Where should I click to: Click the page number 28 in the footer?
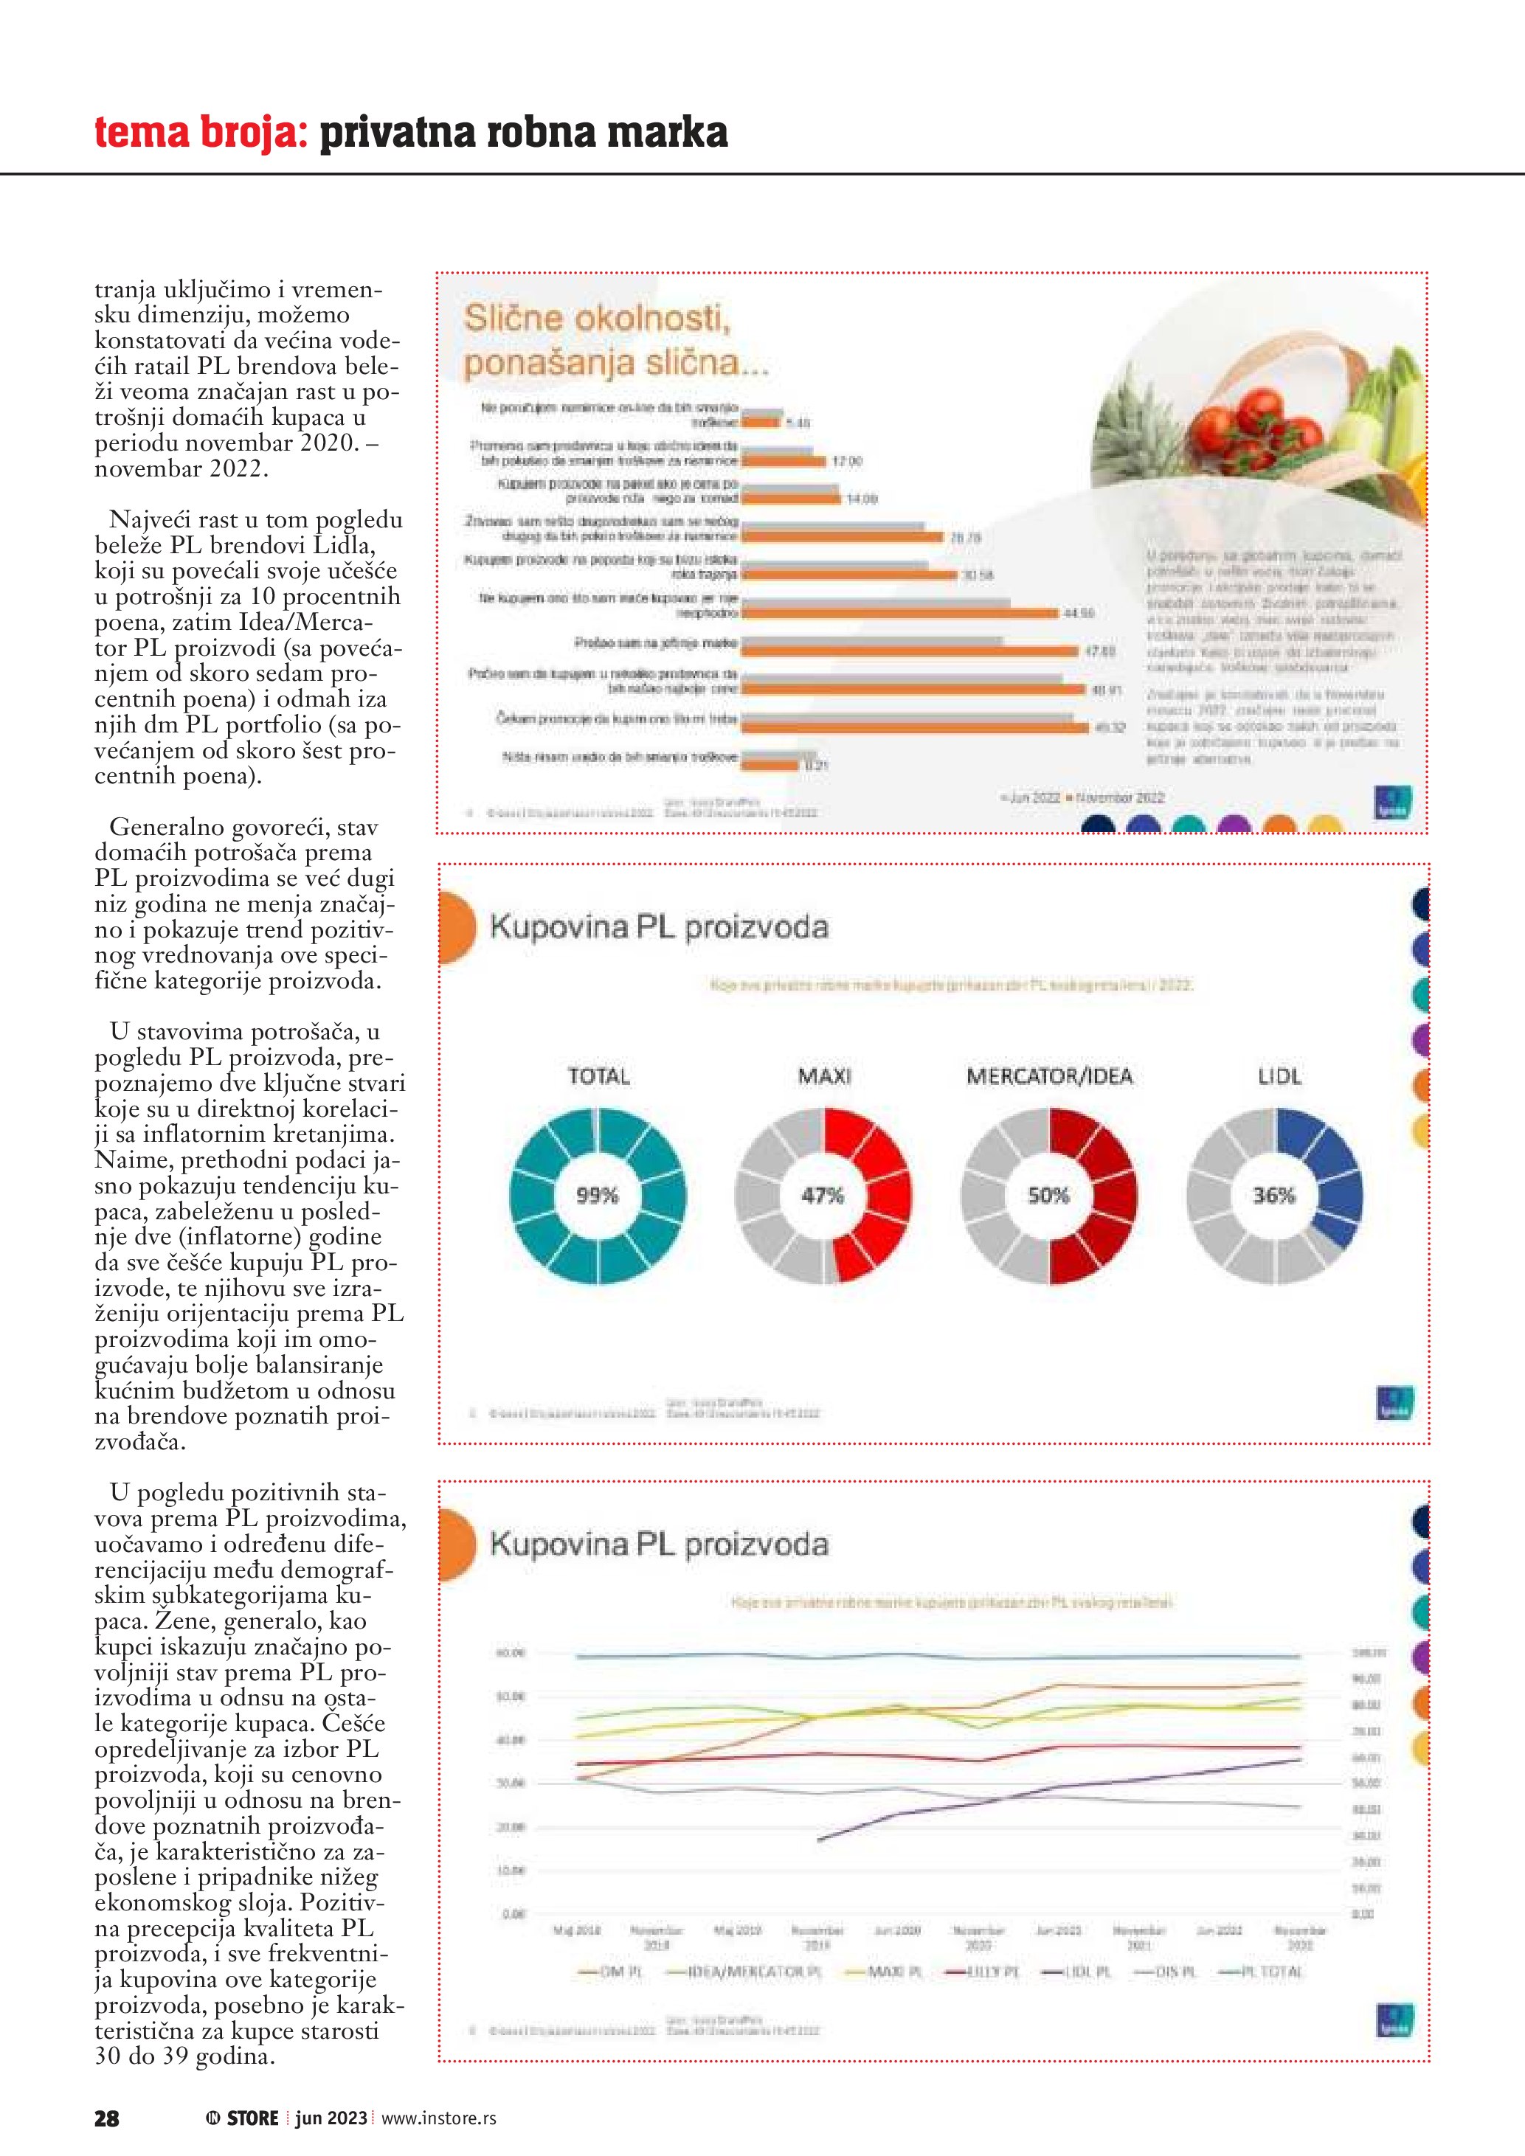[x=106, y=2118]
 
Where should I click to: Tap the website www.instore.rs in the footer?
[x=438, y=2118]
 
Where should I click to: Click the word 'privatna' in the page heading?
[x=397, y=131]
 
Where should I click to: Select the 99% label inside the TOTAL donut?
[x=597, y=1196]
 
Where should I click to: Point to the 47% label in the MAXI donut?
[x=823, y=1196]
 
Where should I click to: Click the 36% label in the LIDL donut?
[x=1273, y=1196]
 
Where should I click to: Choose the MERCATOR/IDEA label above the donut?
[x=1049, y=1076]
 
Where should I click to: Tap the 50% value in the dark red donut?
[x=1048, y=1196]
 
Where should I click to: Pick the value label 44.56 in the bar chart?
[x=1079, y=613]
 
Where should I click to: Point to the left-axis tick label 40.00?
[x=510, y=1740]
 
